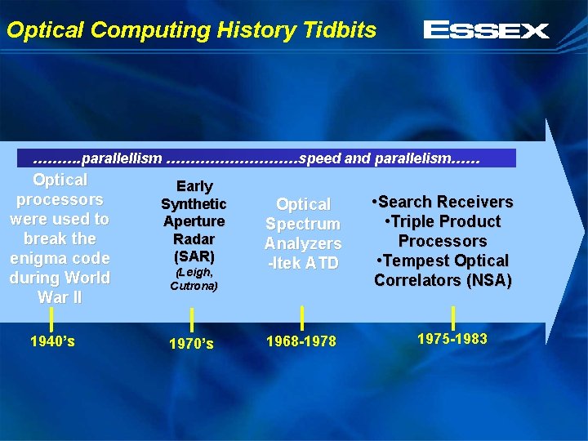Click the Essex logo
(x=486, y=31)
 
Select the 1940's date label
(x=52, y=341)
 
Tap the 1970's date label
(x=192, y=344)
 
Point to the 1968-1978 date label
(x=302, y=341)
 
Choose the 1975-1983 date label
(x=452, y=338)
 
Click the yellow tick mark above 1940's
(x=52, y=319)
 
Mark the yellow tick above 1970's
(x=192, y=320)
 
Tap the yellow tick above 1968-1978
(x=303, y=318)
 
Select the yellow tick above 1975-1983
(x=453, y=317)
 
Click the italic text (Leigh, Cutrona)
(x=194, y=279)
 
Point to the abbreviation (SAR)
(x=194, y=256)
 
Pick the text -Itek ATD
(x=303, y=263)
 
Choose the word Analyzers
(x=303, y=243)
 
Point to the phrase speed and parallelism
(x=375, y=158)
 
